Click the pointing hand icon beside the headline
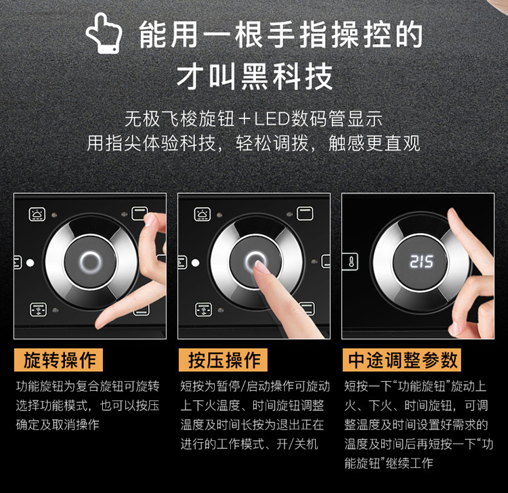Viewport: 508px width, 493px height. point(104,33)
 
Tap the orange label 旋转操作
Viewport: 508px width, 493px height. point(58,360)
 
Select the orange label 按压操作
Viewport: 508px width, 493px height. point(223,360)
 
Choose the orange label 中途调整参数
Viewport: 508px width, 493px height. point(402,360)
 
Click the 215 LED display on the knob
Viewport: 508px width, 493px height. point(421,261)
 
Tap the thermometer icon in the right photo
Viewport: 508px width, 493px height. point(351,261)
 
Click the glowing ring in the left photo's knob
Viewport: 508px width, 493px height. point(91,261)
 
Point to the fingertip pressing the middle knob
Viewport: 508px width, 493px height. point(260,267)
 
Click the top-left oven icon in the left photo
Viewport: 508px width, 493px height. point(37,214)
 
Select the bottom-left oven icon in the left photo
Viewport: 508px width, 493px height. point(38,309)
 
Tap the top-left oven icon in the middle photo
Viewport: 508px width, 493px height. point(202,214)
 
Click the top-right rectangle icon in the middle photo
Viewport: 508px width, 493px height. point(305,214)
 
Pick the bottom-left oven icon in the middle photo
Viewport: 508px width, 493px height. point(203,309)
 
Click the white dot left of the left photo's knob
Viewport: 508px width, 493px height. point(30,262)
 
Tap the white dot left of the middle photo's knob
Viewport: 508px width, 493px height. point(195,262)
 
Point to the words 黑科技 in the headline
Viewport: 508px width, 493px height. point(287,77)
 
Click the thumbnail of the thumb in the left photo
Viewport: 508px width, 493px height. point(150,219)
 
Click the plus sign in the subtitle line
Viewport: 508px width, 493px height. point(245,119)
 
